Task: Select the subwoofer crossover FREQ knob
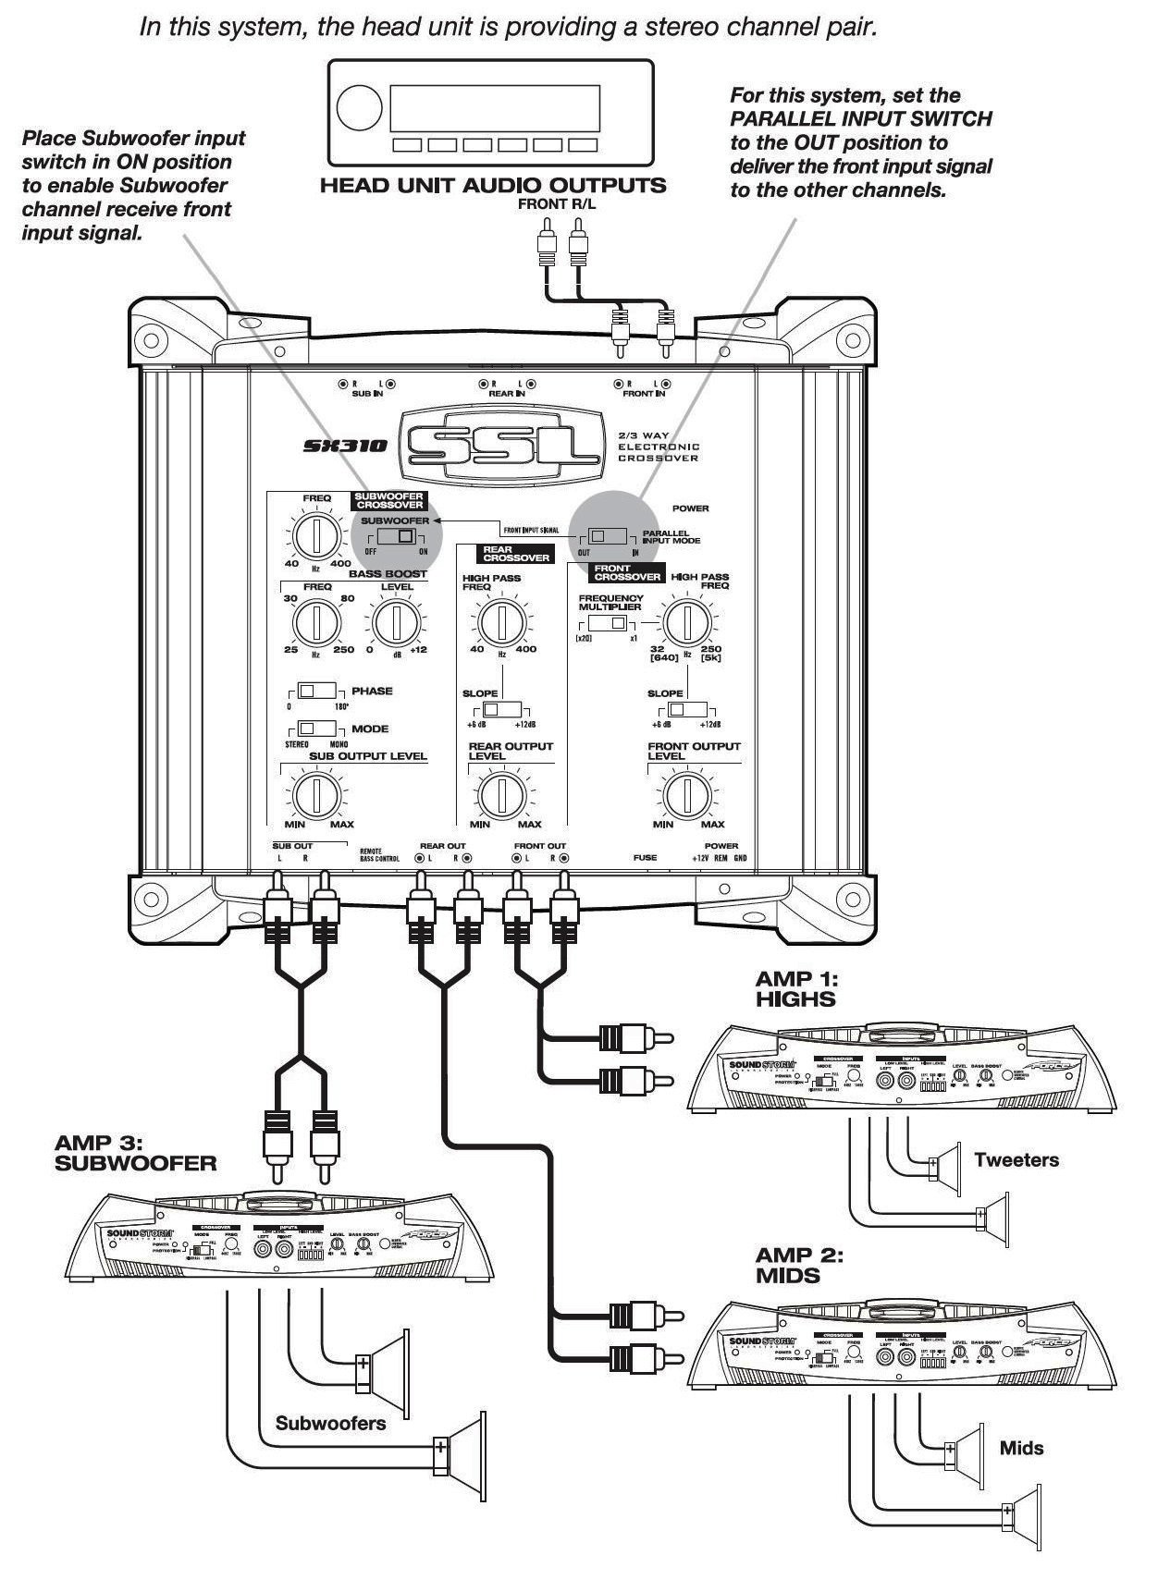click(x=316, y=534)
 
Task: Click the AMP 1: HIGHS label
click(x=795, y=989)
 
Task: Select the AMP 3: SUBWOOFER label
click(x=135, y=1154)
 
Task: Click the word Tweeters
click(x=1016, y=1159)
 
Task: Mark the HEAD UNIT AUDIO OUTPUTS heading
click(x=492, y=185)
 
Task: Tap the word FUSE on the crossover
click(x=645, y=858)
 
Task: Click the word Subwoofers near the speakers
click(x=330, y=1423)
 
